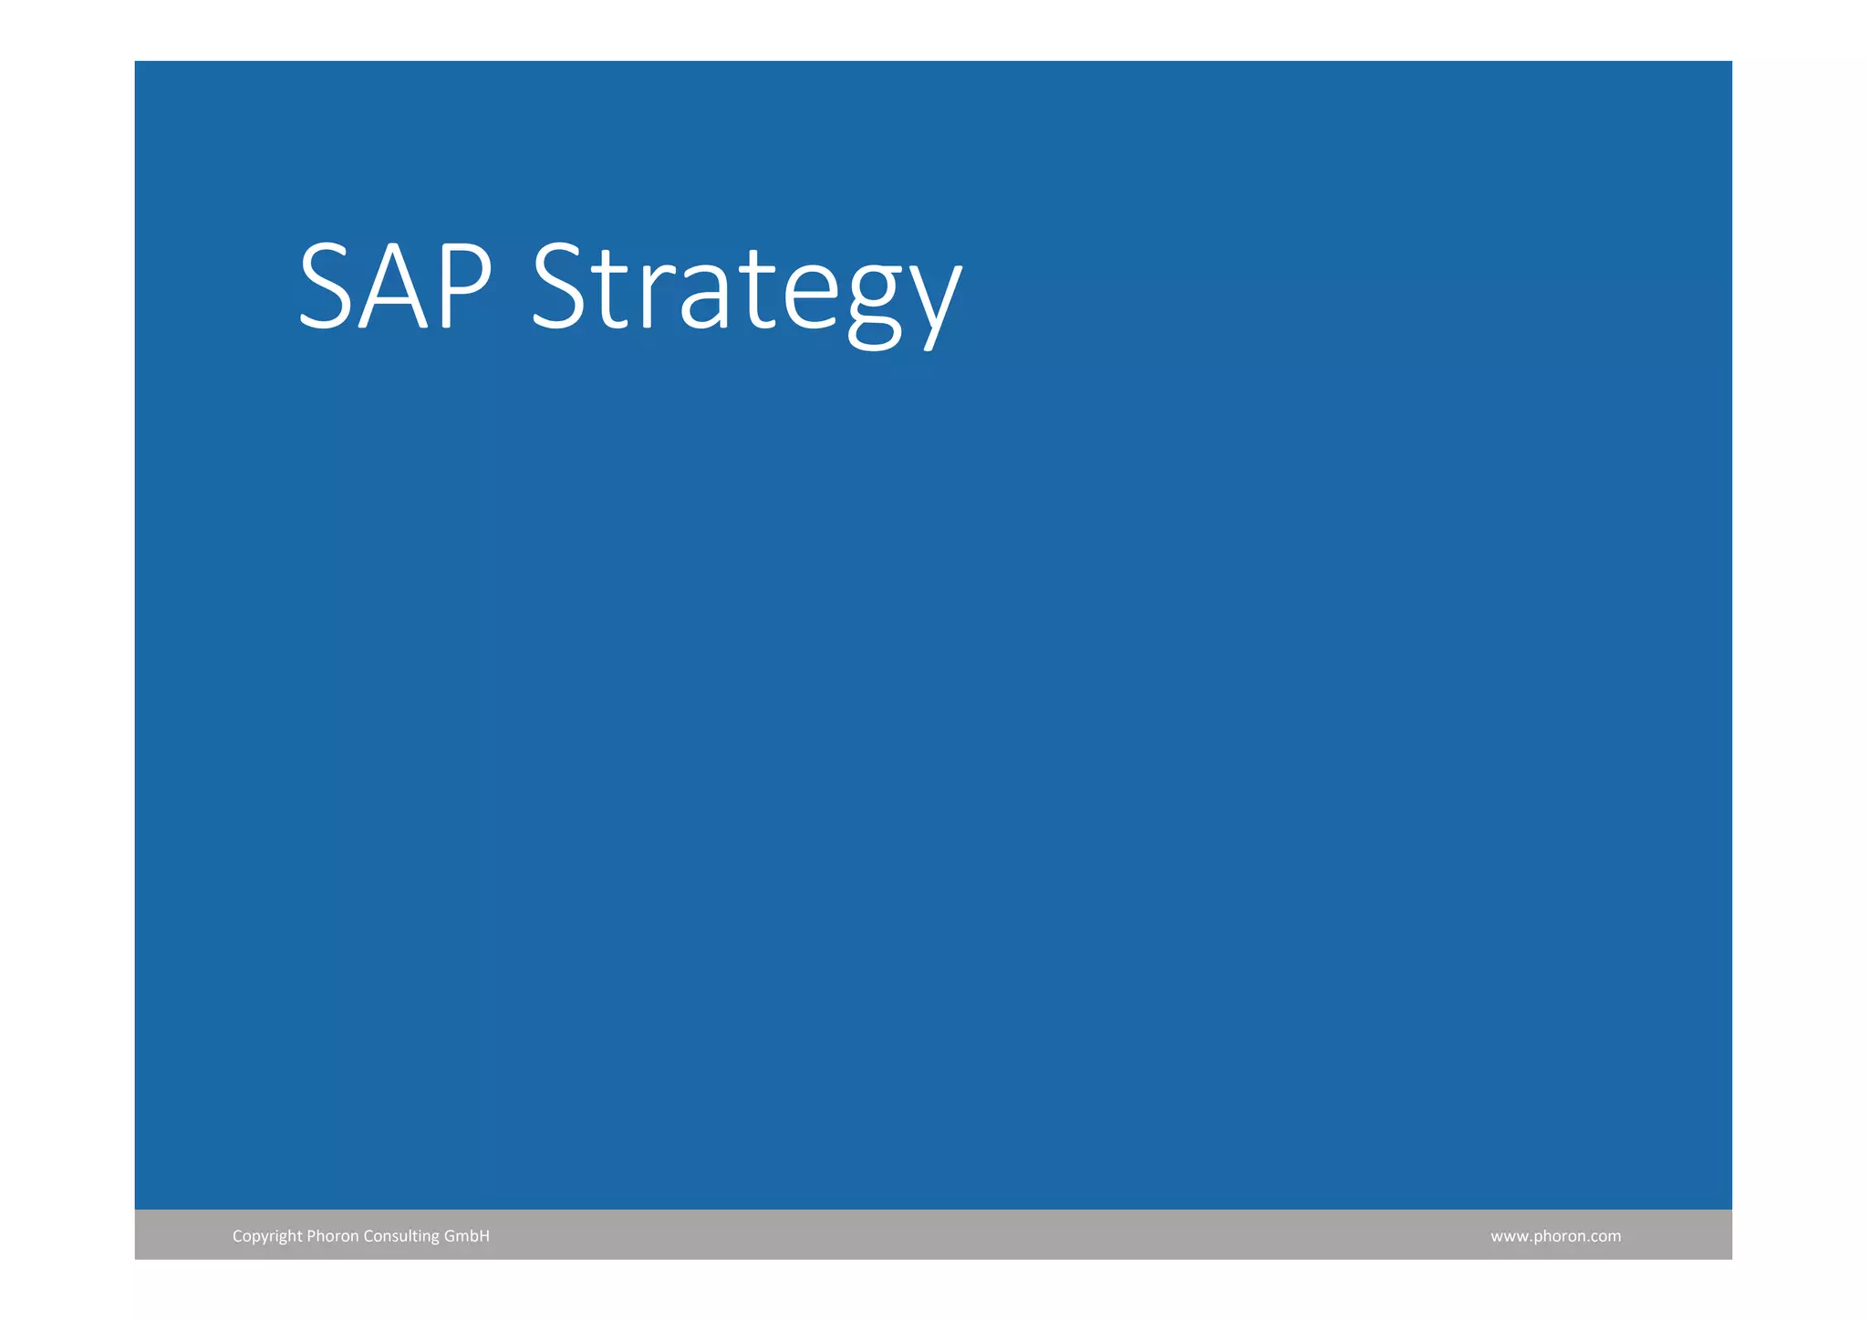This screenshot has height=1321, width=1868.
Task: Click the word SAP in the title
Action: (395, 286)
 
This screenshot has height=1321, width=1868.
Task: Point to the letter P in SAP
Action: (462, 286)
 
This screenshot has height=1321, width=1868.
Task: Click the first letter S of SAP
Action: (326, 286)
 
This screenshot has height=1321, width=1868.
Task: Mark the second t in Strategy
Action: (758, 292)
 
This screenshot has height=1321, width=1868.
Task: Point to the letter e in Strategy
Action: (810, 299)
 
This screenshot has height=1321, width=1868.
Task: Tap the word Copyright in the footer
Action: (267, 1236)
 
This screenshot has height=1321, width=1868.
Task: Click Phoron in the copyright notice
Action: (333, 1236)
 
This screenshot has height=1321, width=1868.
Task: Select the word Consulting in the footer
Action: (401, 1236)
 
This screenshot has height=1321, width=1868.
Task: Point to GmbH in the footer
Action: (467, 1236)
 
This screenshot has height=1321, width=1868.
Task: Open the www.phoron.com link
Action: (1555, 1236)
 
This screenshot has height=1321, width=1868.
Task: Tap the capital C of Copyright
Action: (237, 1236)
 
